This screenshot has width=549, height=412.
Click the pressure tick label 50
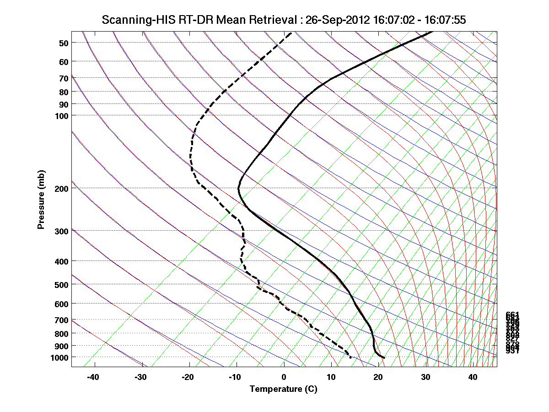click(x=64, y=43)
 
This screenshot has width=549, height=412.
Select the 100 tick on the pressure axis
click(x=61, y=115)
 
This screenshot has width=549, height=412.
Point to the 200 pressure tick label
click(x=61, y=188)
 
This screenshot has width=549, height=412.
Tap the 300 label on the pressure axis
click(x=61, y=231)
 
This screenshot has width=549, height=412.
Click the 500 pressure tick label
click(x=61, y=285)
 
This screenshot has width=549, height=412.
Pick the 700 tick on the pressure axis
click(x=61, y=320)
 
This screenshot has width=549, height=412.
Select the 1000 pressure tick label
click(x=59, y=357)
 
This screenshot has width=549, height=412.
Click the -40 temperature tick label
click(x=93, y=377)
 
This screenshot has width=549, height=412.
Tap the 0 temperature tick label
click(x=284, y=377)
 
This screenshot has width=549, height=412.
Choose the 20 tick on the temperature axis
click(x=378, y=377)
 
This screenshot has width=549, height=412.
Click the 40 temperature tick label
click(x=473, y=377)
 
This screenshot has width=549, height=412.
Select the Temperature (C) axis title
click(x=283, y=390)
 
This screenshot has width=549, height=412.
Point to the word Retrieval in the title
click(x=273, y=20)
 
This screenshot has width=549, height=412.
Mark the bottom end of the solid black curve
click(x=384, y=358)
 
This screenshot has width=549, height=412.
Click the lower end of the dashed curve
click(x=350, y=357)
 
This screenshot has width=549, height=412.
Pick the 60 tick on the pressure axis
click(x=64, y=61)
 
